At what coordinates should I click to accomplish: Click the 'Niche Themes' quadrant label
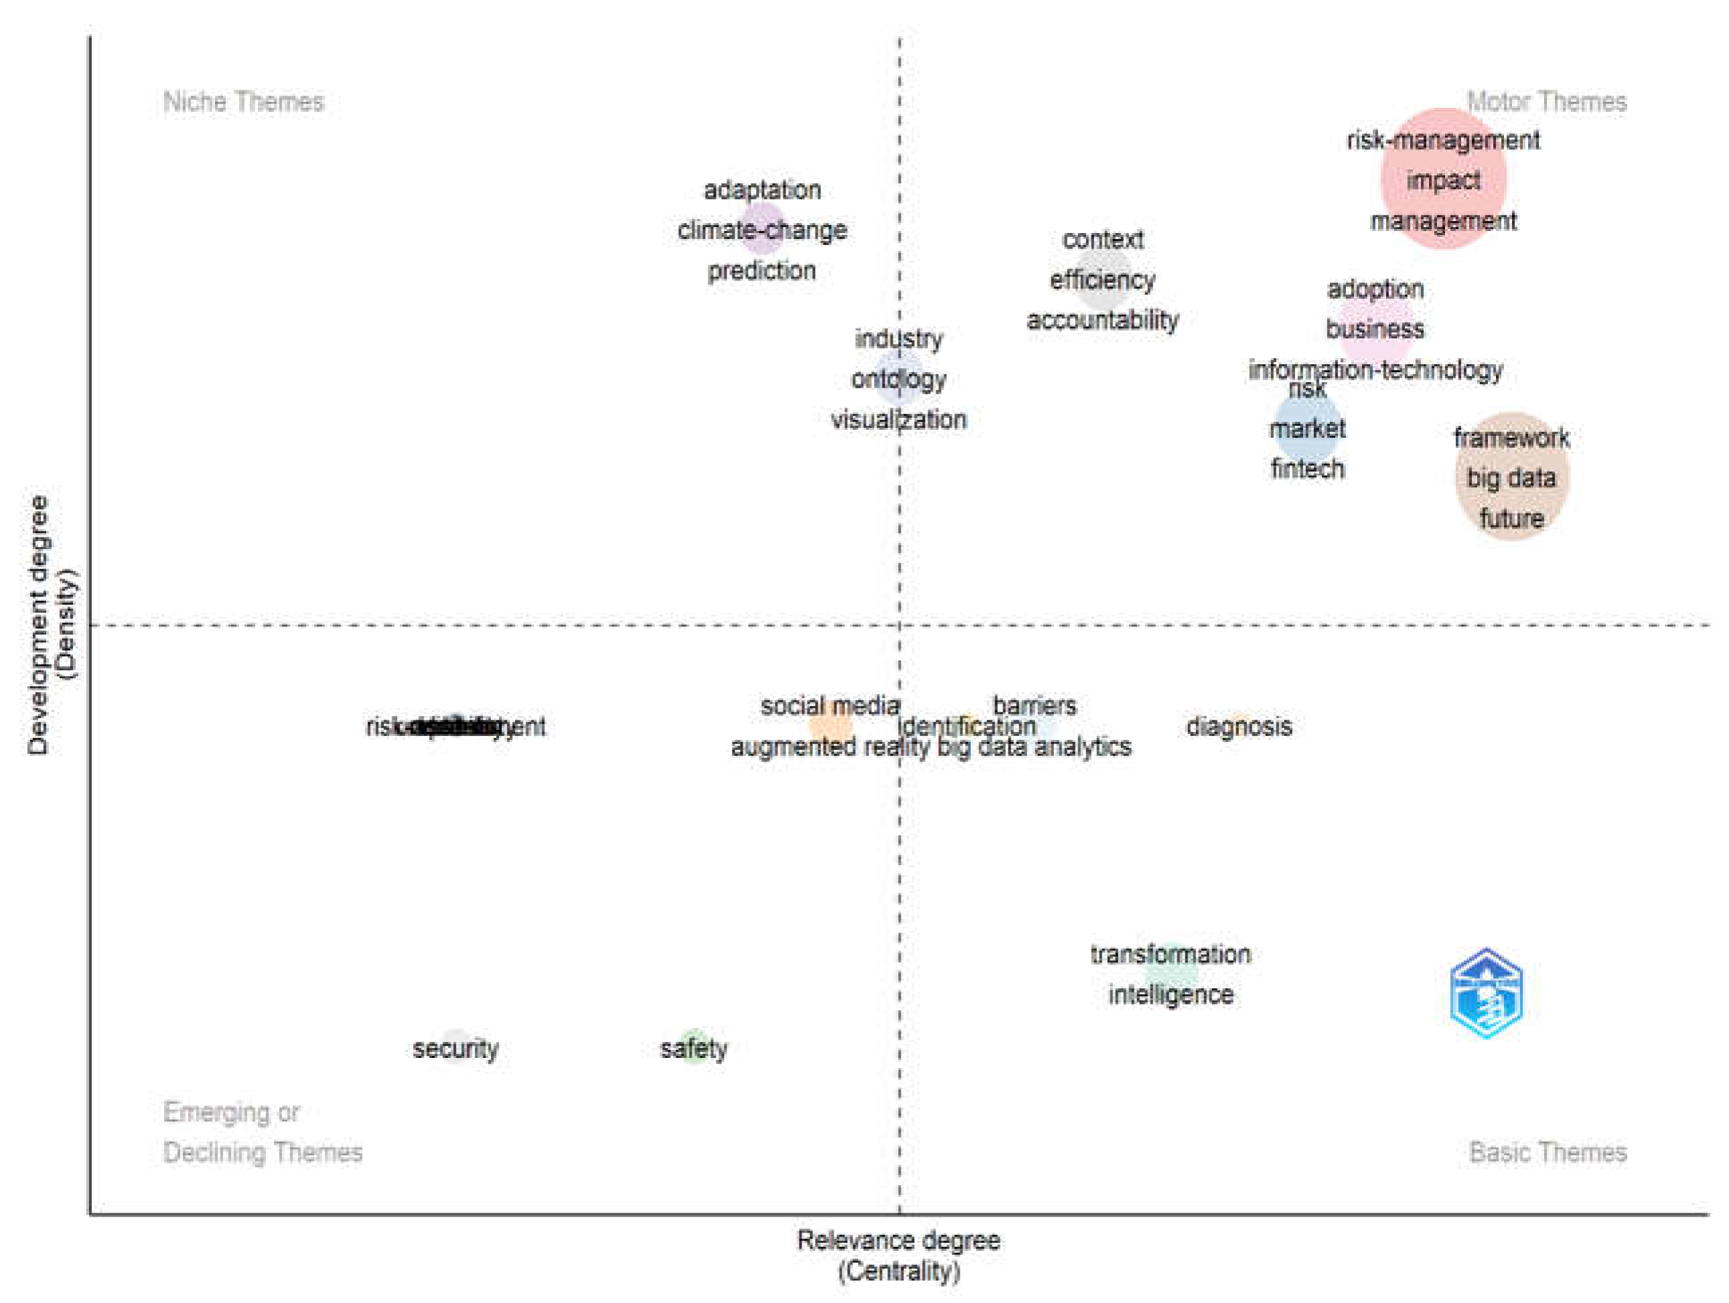tap(243, 102)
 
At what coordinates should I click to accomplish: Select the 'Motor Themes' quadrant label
tap(1546, 102)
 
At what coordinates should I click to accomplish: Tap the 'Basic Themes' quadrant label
tap(1547, 1152)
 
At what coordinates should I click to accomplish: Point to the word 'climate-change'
tap(762, 230)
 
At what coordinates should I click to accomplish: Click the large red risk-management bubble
tap(1443, 179)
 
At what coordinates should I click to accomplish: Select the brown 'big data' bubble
tap(1511, 477)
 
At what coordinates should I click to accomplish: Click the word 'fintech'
tap(1307, 469)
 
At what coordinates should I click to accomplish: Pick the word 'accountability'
tap(1102, 321)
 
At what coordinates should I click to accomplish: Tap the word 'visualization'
tap(898, 420)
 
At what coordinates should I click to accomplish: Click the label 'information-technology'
tap(1375, 370)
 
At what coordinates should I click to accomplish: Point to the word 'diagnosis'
tap(1239, 727)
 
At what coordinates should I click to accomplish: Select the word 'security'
tap(456, 1049)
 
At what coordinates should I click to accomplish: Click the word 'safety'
tap(693, 1049)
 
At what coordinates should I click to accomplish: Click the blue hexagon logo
tap(1486, 994)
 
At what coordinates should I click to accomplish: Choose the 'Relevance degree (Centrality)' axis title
tap(898, 1255)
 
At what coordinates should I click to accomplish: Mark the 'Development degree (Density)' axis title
tap(52, 625)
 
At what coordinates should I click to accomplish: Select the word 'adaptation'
tap(762, 190)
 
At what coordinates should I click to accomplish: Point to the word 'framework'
tap(1511, 438)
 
